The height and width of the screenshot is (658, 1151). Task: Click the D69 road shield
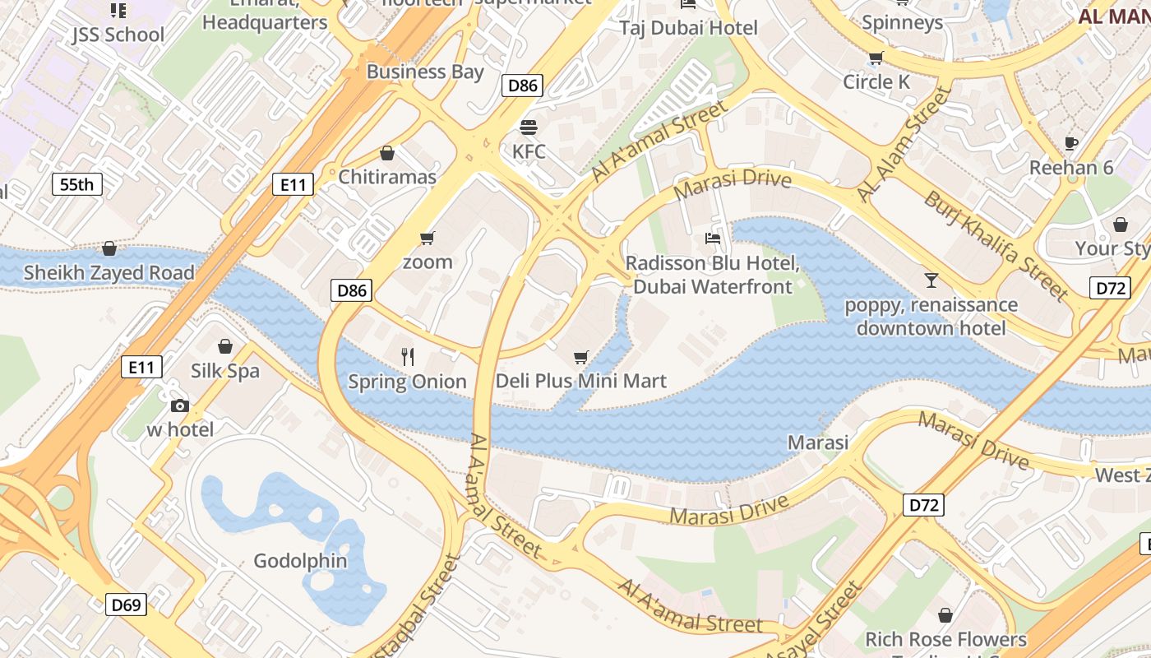coord(126,605)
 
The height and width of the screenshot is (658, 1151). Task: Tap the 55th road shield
coord(76,184)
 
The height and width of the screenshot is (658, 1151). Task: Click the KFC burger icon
coord(529,128)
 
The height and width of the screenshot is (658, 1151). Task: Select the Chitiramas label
coord(387,177)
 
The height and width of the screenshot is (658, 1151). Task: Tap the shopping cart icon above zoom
coord(427,239)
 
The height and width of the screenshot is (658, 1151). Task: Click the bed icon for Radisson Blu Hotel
coord(713,239)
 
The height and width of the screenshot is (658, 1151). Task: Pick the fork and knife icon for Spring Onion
coord(407,356)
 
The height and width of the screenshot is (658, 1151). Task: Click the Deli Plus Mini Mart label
coord(580,382)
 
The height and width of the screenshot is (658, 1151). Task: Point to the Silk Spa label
coord(225,371)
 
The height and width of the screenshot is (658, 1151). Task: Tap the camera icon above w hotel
coord(180,405)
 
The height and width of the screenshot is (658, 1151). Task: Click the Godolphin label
coord(300,561)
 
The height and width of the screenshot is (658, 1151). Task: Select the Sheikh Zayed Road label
coord(109,272)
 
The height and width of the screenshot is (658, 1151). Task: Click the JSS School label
coord(118,35)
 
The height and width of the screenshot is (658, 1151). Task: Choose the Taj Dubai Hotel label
coord(688,28)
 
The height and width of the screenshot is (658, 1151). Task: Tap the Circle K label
coord(876,82)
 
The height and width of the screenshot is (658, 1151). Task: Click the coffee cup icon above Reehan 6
coord(1071,143)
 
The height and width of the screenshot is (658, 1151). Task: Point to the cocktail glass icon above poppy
coord(931,280)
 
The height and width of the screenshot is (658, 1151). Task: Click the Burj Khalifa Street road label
coord(995,244)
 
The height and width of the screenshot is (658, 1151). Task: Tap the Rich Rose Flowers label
coord(945,639)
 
